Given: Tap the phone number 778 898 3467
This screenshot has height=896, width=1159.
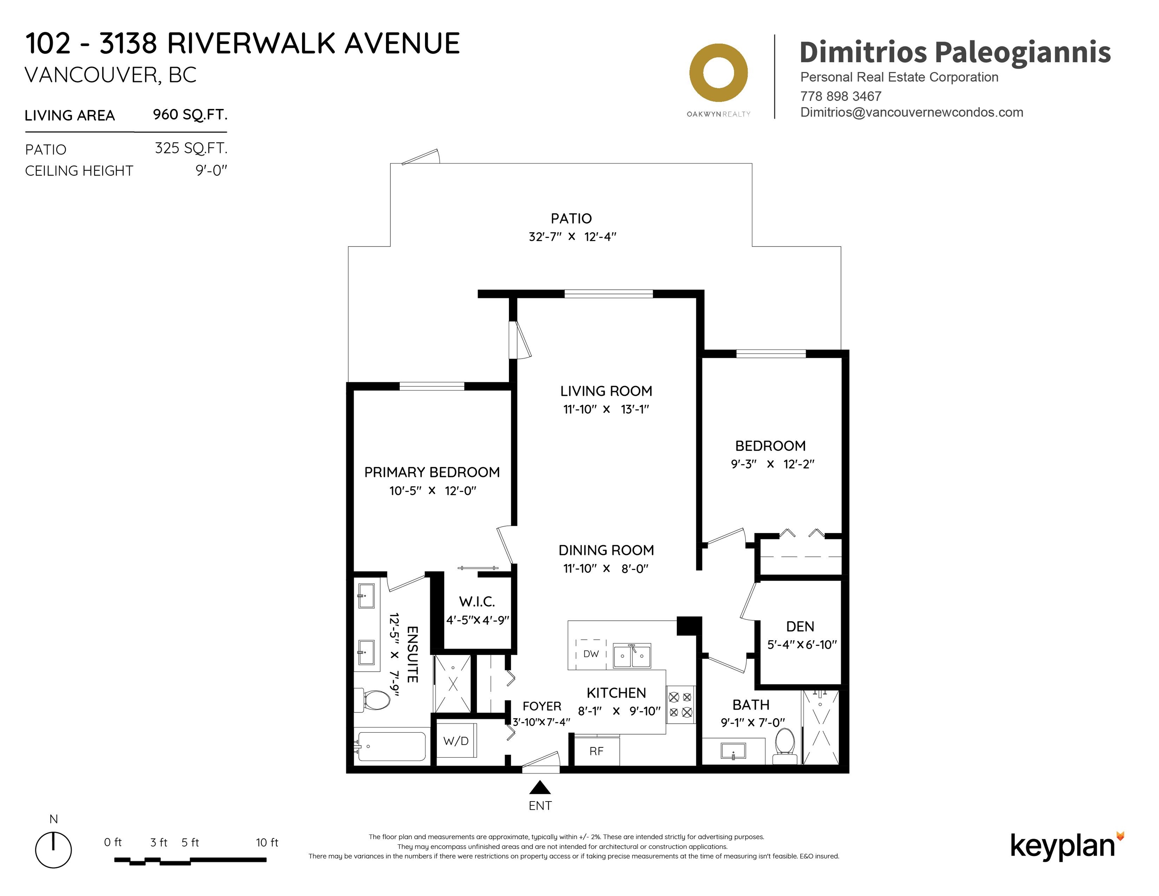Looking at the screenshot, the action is (x=841, y=96).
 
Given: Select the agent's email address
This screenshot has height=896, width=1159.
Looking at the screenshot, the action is (x=912, y=112).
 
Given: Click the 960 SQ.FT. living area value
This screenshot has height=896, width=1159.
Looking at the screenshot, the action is (x=190, y=115).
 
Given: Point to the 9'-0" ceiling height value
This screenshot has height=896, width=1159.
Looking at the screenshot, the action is (x=211, y=170).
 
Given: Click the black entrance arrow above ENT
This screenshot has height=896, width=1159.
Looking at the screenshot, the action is (x=540, y=787).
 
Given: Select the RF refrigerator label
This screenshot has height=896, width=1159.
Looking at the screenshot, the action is (x=596, y=751).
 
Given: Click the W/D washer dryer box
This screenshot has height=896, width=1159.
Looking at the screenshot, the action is (x=456, y=740).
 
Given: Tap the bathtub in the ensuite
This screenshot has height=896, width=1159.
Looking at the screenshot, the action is (x=392, y=746).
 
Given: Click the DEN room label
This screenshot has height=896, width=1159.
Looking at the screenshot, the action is (x=800, y=627).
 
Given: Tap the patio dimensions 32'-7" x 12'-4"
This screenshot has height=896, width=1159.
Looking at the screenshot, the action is (x=572, y=237).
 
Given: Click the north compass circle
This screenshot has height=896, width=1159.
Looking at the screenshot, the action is (x=54, y=850).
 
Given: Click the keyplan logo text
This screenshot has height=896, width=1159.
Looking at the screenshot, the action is (x=1063, y=846).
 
